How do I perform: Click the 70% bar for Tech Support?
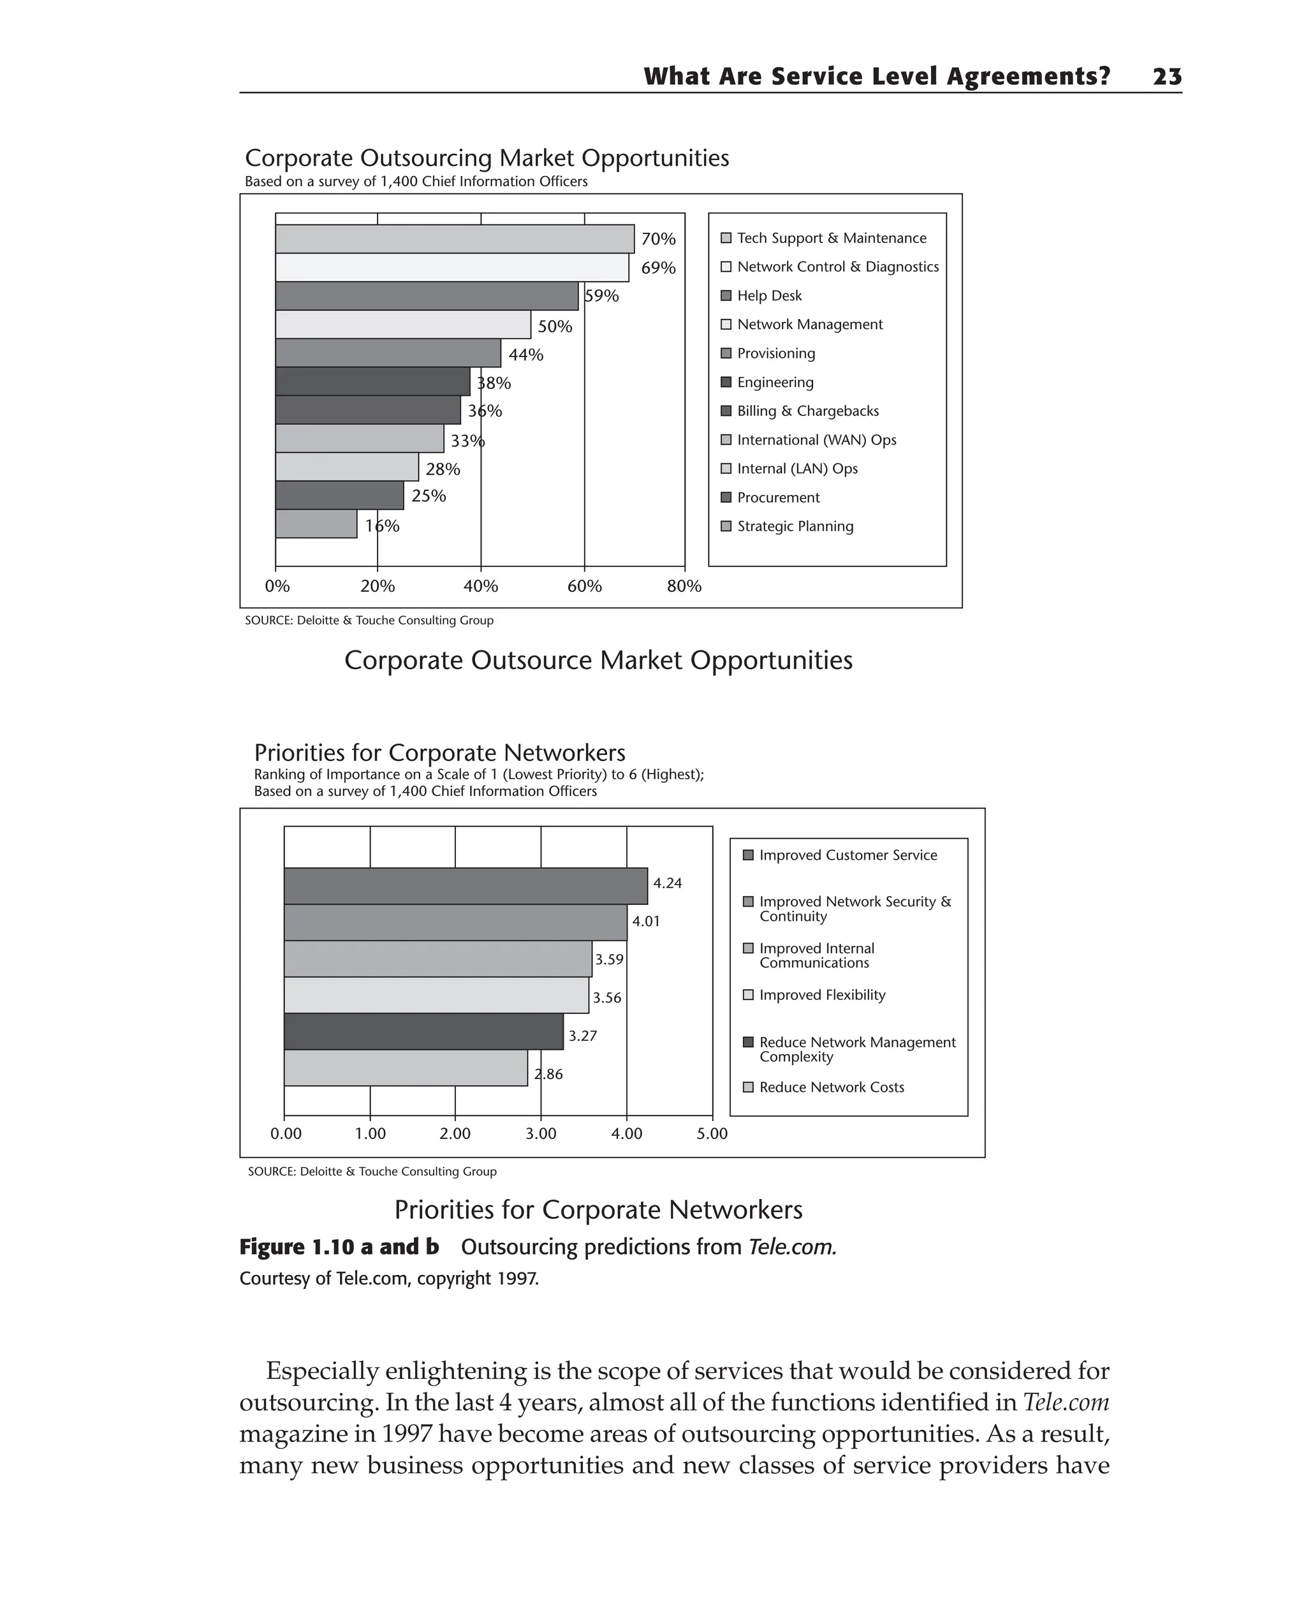point(455,239)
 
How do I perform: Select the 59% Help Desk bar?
point(427,296)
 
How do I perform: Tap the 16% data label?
point(382,526)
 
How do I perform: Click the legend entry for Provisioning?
point(775,354)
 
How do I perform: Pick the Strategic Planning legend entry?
point(795,527)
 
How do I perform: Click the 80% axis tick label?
point(684,586)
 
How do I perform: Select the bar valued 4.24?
point(465,886)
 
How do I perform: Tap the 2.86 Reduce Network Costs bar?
point(406,1068)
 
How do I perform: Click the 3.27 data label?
point(582,1036)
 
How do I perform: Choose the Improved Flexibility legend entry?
point(821,996)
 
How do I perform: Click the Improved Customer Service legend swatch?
point(748,855)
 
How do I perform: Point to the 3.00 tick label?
point(541,1134)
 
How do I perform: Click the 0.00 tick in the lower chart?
point(286,1134)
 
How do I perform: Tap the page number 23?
point(1167,77)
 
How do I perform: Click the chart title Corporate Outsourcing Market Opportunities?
point(487,158)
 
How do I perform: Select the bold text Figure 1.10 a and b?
point(339,1247)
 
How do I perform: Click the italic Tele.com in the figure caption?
point(791,1247)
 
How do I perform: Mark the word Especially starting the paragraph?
point(322,1371)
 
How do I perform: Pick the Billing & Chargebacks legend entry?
point(807,411)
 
